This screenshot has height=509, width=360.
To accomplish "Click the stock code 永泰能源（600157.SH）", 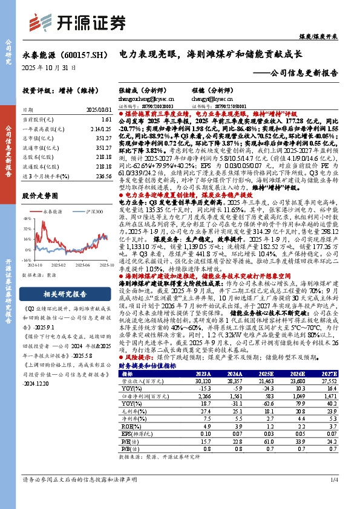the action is (x=67, y=54).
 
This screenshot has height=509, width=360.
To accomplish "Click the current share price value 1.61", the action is (x=107, y=120).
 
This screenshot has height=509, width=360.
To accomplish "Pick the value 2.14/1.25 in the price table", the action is (x=102, y=129).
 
